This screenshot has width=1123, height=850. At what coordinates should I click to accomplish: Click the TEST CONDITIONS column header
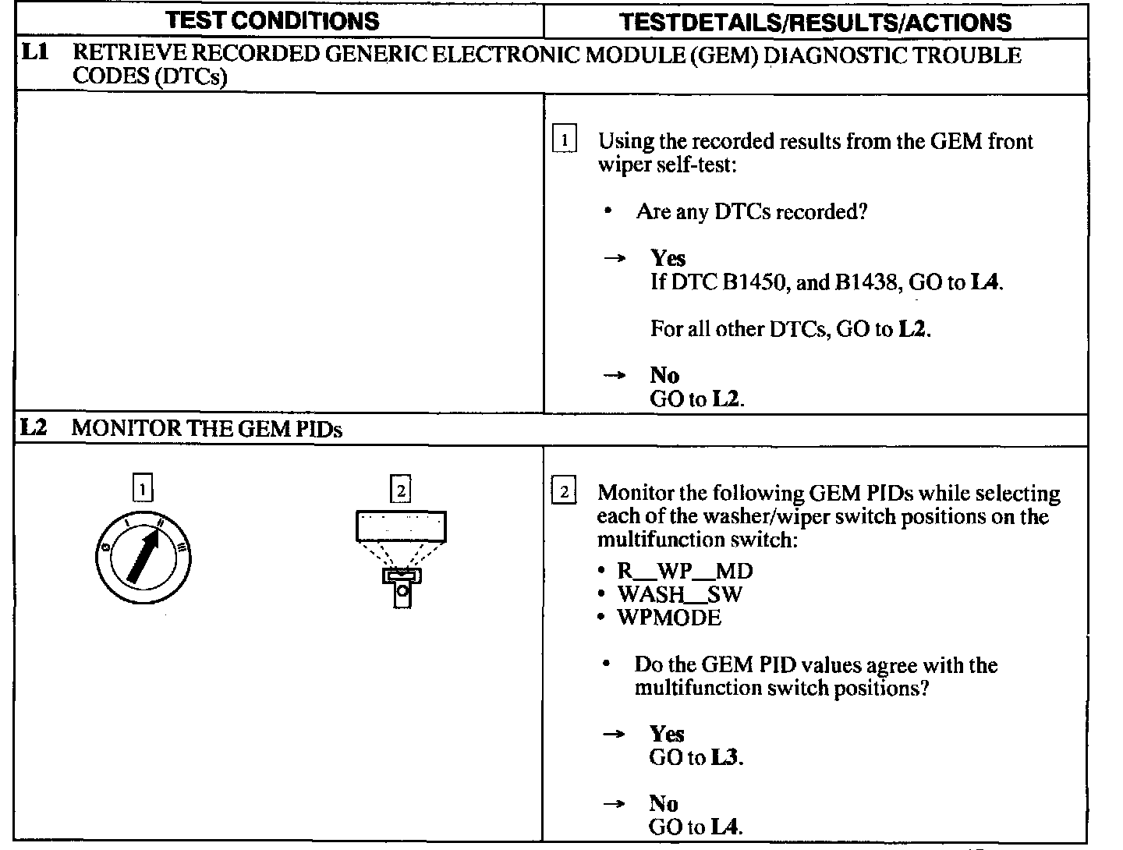(x=273, y=20)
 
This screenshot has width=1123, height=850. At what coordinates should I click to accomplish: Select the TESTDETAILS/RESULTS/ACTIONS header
(x=815, y=22)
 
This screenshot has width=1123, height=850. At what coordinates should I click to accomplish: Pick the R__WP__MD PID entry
(x=685, y=571)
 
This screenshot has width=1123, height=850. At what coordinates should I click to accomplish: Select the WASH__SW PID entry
(x=679, y=594)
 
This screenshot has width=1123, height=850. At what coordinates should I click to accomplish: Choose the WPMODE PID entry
(x=669, y=618)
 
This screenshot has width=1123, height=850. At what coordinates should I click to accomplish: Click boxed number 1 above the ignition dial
(x=143, y=489)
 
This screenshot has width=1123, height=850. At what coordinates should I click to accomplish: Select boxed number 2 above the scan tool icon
(x=400, y=490)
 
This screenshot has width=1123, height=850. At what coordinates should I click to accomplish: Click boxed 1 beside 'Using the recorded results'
(x=564, y=141)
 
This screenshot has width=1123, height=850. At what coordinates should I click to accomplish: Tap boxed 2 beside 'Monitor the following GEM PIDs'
(x=564, y=492)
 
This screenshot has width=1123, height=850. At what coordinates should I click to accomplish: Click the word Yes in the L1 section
(x=668, y=258)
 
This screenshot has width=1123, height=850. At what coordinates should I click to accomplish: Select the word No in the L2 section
(x=664, y=804)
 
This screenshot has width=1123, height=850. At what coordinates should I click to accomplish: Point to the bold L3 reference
(x=725, y=758)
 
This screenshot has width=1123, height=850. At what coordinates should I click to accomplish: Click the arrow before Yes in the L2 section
(x=614, y=734)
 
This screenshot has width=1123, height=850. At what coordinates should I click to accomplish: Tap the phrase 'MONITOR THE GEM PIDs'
(x=207, y=429)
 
